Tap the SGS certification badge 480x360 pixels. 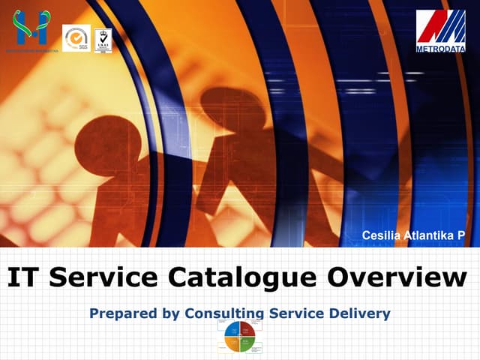tap(76, 37)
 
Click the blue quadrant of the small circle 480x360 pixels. tap(232, 328)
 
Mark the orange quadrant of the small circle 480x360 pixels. tap(232, 343)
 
